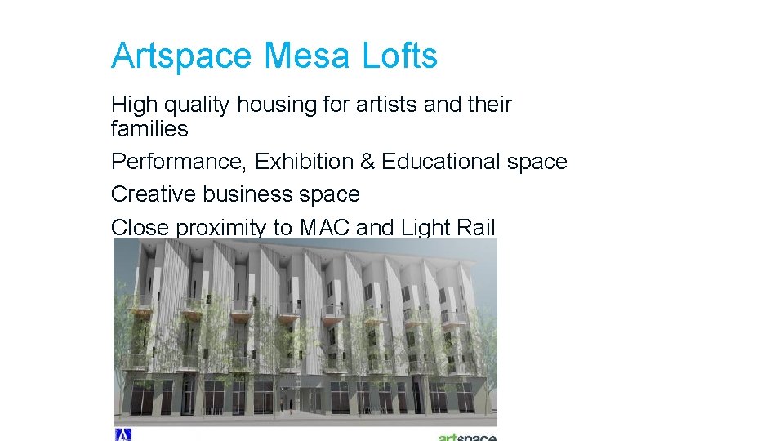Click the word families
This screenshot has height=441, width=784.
click(149, 129)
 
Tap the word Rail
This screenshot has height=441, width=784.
click(474, 228)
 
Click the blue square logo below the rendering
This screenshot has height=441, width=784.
click(122, 434)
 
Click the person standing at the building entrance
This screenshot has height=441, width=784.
click(283, 403)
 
